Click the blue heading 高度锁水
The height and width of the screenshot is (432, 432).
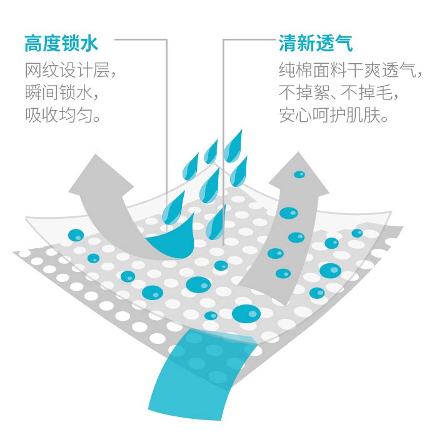pyautogui.click(x=61, y=44)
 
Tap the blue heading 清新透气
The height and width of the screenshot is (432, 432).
pyautogui.click(x=315, y=44)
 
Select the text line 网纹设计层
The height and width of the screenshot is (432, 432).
pyautogui.click(x=70, y=70)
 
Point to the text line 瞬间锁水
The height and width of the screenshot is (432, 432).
pyautogui.click(x=61, y=93)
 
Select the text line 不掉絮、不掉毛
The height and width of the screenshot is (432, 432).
pyautogui.click(x=338, y=93)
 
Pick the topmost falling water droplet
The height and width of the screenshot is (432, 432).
pyautogui.click(x=234, y=144)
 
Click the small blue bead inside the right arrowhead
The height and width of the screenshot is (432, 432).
pyautogui.click(x=299, y=174)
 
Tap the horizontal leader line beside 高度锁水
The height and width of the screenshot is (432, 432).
pyautogui.click(x=141, y=40)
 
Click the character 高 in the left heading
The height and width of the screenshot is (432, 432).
pyautogui.click(x=33, y=44)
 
